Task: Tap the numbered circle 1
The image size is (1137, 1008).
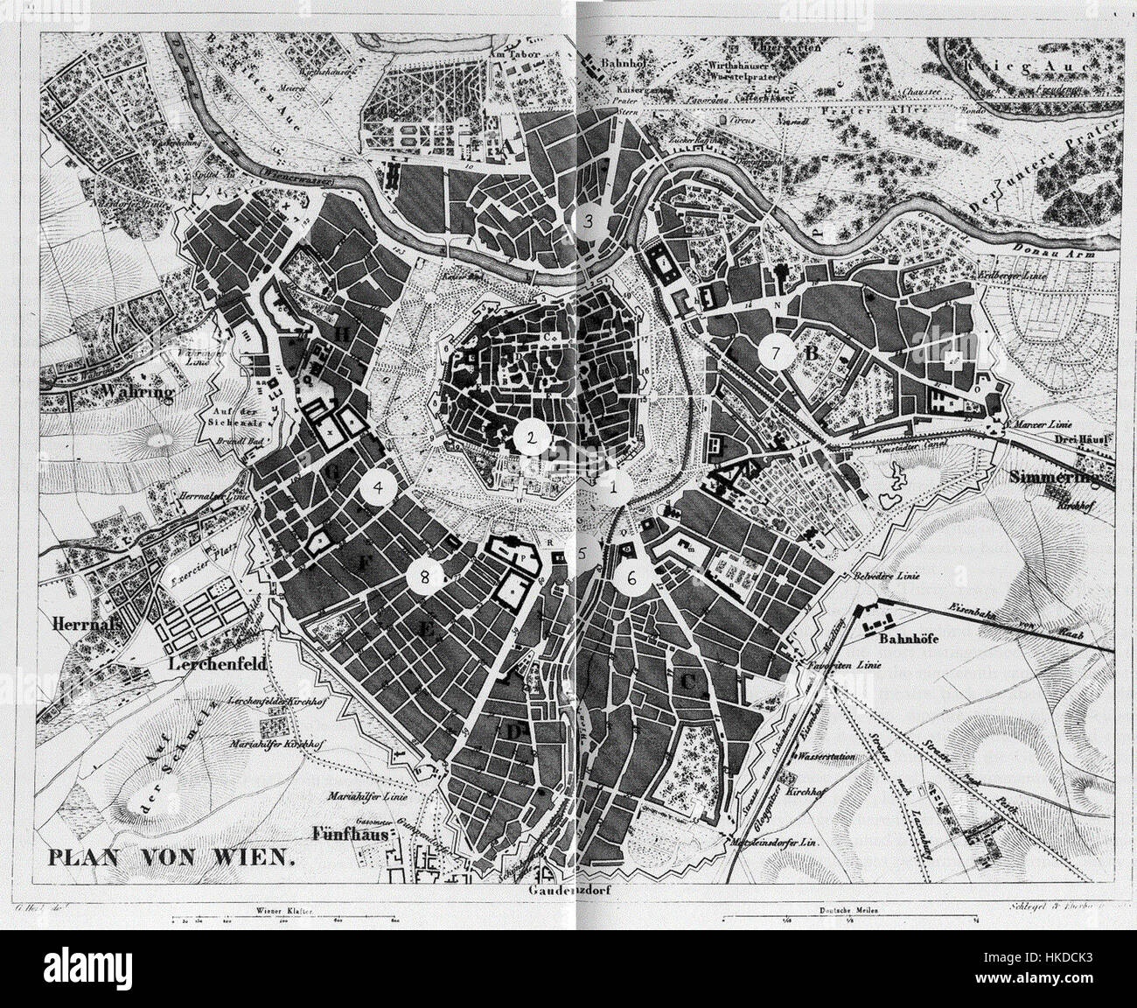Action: click(617, 487)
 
